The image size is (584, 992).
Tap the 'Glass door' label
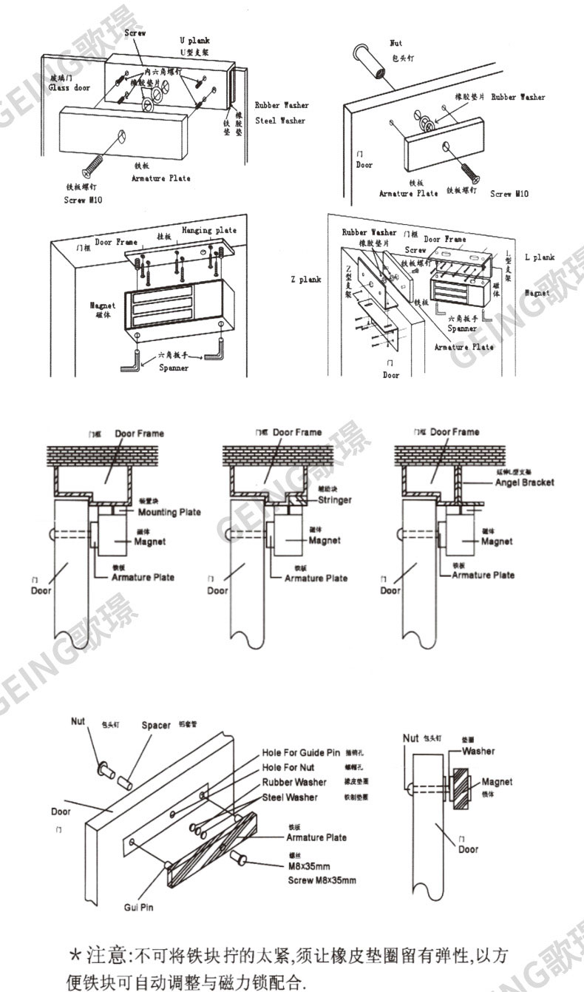(x=69, y=87)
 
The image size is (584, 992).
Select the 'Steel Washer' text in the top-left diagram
(x=280, y=120)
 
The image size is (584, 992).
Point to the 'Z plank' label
(x=305, y=280)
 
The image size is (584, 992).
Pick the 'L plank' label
(x=540, y=257)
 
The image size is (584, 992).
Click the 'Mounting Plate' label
(x=169, y=512)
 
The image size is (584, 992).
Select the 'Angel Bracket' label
(x=524, y=482)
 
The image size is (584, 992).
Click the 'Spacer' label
(x=156, y=725)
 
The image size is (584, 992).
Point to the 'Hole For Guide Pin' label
(x=301, y=752)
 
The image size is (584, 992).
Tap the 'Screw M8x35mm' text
(x=322, y=880)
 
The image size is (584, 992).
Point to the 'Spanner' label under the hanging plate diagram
(x=174, y=368)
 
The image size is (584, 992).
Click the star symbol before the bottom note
(x=75, y=955)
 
